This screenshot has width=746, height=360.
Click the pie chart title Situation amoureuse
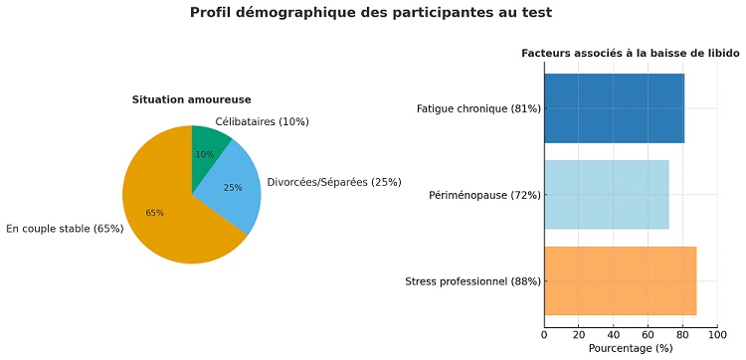[191, 99]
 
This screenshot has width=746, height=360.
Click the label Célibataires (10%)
[262, 122]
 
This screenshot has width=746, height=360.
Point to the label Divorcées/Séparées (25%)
[334, 182]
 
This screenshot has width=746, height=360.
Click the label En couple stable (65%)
[65, 229]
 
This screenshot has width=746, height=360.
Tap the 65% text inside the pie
[154, 213]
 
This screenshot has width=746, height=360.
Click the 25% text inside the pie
[233, 187]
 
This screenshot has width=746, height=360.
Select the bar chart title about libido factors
[631, 52]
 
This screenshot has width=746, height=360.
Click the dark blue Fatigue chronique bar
[614, 108]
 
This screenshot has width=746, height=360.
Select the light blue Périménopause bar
[606, 195]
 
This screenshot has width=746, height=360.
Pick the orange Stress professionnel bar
[620, 281]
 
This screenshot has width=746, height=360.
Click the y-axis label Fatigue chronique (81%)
[478, 108]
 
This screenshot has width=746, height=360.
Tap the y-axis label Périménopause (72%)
[484, 195]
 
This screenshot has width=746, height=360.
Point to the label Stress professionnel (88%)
[473, 281]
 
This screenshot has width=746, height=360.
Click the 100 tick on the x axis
[718, 334]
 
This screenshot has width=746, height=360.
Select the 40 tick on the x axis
[614, 334]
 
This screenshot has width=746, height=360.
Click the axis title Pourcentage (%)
[631, 348]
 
